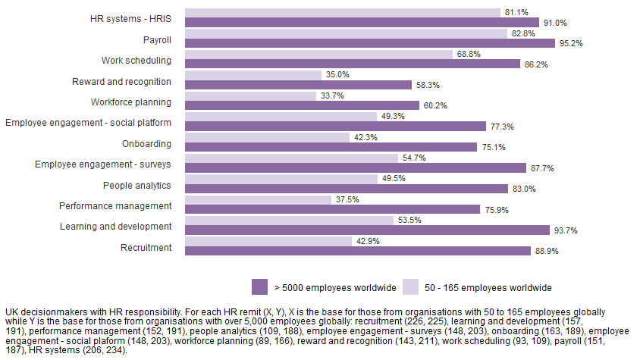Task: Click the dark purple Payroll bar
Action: [x=356, y=44]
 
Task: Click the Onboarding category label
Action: [x=146, y=143]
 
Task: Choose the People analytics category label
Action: [x=137, y=185]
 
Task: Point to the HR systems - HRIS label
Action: [x=126, y=18]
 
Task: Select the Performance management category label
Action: [x=115, y=205]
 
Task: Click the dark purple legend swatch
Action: [x=259, y=287]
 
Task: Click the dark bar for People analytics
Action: [x=346, y=189]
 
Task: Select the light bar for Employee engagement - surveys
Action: [x=291, y=158]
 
